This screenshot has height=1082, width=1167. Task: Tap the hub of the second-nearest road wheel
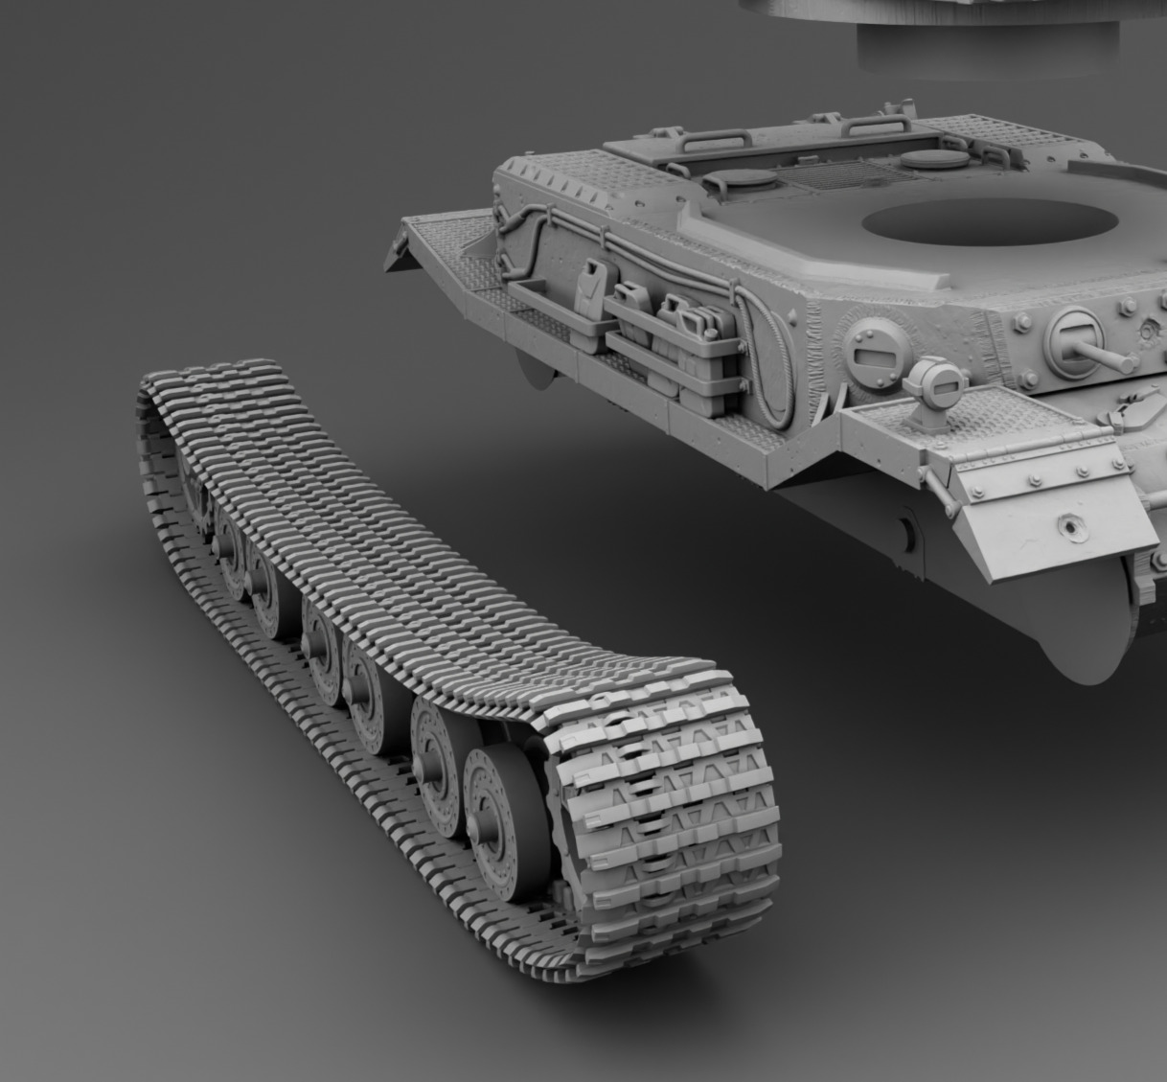(x=436, y=739)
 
